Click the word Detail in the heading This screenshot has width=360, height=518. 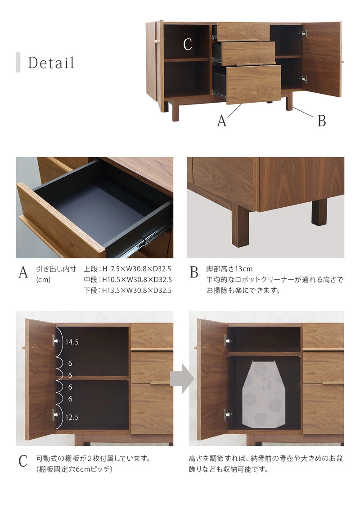coord(51,63)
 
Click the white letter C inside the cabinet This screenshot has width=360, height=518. coord(187,44)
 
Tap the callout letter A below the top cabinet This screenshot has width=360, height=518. coord(222,121)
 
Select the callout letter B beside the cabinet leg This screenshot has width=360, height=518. coord(322,121)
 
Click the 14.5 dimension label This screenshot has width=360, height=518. coord(72,342)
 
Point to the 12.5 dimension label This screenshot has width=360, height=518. coord(72,417)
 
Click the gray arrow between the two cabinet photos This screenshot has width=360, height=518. coord(182,378)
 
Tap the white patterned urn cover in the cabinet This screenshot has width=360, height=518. coord(264,394)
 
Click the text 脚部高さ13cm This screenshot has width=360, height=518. coord(229,269)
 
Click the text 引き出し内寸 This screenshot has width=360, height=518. coord(56,269)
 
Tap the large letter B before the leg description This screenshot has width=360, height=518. coord(194,272)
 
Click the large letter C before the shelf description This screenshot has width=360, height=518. coord(23,461)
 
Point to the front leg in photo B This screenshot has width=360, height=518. coord(240,225)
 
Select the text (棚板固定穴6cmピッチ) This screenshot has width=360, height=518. coord(74,469)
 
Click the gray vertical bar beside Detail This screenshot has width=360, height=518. coord(18,62)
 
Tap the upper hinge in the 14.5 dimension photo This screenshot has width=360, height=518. coord(55,341)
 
